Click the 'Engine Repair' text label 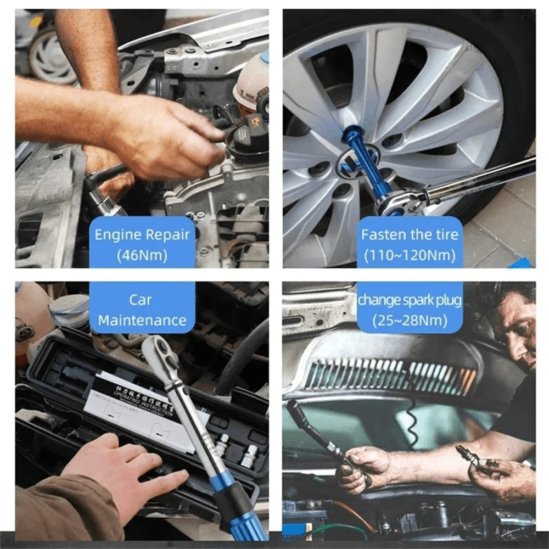pos(142,235)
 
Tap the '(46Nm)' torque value pos(142,255)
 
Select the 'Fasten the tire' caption pos(410,235)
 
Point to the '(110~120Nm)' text pos(410,255)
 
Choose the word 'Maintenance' pos(142,320)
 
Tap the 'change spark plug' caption pos(410,300)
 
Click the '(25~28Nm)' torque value pos(410,320)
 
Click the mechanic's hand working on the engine pos(165,137)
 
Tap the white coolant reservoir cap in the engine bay pos(253,82)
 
